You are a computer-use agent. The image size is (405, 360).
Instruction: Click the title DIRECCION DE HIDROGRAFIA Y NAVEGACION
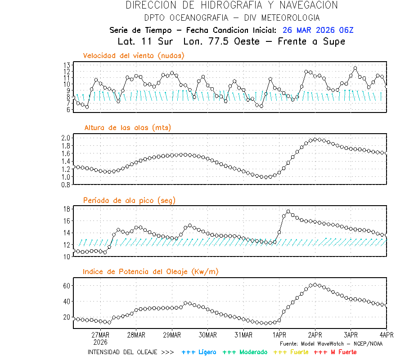232,5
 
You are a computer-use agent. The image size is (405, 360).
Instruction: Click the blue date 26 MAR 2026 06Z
318,30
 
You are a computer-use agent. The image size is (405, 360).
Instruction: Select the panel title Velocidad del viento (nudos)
134,56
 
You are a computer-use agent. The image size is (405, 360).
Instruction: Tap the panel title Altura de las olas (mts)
127,128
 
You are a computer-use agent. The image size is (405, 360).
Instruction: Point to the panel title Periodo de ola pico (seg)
129,200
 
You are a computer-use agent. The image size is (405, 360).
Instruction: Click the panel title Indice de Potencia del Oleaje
151,271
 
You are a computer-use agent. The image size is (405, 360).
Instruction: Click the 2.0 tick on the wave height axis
66,138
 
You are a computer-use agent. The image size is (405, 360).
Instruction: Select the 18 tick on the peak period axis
67,209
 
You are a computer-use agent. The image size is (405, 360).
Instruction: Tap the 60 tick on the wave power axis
67,286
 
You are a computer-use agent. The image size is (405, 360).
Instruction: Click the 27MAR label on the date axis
100,335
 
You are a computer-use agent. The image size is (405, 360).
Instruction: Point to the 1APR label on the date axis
279,335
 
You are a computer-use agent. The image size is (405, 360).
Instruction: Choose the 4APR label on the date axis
386,335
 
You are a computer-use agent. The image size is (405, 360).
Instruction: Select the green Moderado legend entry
245,352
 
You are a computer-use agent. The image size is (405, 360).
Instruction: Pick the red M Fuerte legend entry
335,352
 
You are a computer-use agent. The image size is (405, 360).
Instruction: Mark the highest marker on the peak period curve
288,211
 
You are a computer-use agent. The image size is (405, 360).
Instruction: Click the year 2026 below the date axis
100,342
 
